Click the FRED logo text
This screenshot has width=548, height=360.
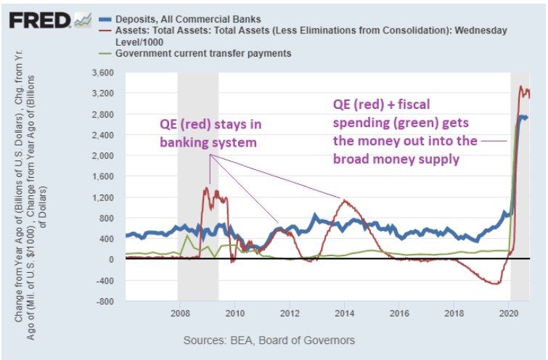39,20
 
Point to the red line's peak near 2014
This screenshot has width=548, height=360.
345,200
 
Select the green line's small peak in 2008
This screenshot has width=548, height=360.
187,236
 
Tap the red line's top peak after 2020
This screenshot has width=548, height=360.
520,88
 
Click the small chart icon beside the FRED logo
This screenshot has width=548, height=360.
83,20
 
